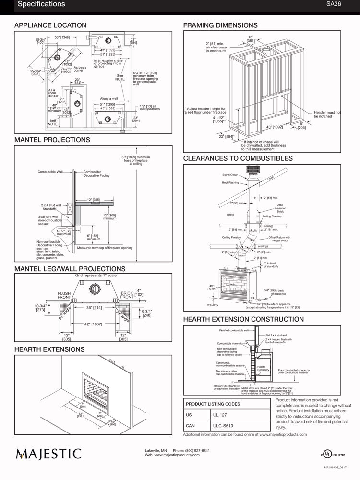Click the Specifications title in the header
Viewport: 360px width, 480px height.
pos(41,4)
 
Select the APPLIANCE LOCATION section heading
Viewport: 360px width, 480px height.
pos(50,25)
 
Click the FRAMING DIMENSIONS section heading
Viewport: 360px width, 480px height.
pos(220,25)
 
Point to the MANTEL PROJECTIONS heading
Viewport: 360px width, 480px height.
pos(52,140)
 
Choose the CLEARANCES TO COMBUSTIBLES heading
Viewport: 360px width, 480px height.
pos(238,158)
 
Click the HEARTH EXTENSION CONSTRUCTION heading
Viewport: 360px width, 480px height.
pos(243,319)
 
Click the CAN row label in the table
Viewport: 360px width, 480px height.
pos(190,425)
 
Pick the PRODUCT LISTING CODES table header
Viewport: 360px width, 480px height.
pos(213,404)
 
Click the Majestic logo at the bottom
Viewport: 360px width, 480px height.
pos(48,454)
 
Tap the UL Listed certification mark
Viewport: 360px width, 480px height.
pos(333,454)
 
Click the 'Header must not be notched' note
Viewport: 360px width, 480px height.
pos(327,114)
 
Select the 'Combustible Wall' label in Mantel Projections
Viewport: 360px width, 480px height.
pos(50,172)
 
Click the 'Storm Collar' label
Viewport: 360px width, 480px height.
pos(230,175)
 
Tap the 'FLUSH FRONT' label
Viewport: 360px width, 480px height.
pos(64,295)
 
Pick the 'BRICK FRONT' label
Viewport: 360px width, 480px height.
pos(127,295)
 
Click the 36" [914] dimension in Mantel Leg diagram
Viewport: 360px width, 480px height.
pos(94,308)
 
